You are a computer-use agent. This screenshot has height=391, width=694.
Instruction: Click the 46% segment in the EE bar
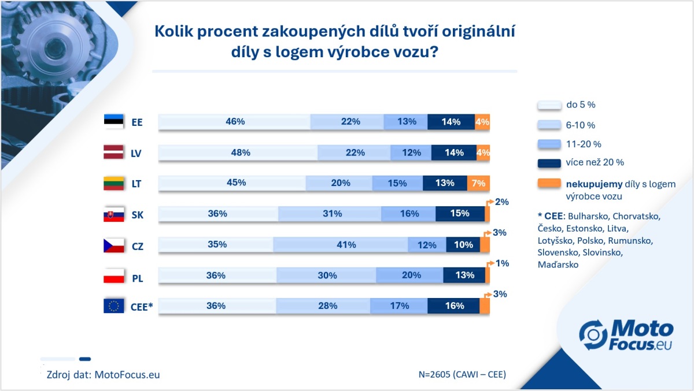[x=235, y=122]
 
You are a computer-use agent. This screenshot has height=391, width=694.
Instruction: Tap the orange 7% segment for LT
[x=478, y=183]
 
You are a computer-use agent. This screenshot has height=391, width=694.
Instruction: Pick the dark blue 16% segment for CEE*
[x=453, y=306]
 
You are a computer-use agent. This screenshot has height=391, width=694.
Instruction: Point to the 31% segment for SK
[x=330, y=214]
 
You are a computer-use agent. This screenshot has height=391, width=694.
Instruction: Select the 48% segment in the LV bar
[x=238, y=152]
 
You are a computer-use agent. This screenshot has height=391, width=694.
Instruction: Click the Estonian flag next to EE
[x=114, y=122]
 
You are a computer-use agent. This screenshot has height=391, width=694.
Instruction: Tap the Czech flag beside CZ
[x=114, y=245]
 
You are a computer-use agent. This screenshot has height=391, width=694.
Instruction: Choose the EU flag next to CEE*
[x=114, y=306]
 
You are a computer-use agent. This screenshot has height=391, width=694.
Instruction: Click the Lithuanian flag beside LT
[x=114, y=184]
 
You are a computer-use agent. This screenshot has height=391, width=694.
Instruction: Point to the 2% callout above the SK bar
[x=501, y=202]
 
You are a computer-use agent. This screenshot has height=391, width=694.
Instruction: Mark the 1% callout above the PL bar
[x=501, y=263]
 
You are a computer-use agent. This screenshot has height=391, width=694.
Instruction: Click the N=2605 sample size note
[x=462, y=374]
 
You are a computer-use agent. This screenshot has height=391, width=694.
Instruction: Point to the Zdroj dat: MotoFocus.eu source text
[x=103, y=374]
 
